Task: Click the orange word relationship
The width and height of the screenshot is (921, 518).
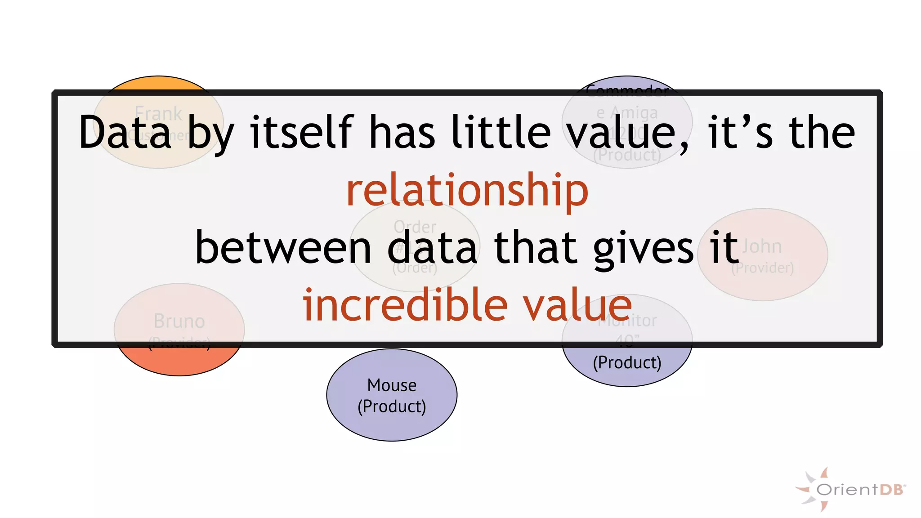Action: [x=467, y=191]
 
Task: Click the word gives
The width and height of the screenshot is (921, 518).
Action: [x=644, y=248]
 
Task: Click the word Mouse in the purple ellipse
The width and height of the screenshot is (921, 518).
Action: [x=392, y=385]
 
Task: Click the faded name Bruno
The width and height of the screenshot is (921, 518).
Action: [x=179, y=321]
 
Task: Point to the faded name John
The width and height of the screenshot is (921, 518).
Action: [x=762, y=246]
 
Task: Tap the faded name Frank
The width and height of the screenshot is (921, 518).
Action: [x=158, y=113]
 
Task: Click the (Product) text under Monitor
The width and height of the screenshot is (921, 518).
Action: [x=627, y=362]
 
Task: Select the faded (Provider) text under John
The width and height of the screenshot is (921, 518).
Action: [x=762, y=268]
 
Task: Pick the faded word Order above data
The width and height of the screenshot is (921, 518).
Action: [x=415, y=226]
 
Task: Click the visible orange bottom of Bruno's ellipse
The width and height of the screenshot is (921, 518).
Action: [x=179, y=362]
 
